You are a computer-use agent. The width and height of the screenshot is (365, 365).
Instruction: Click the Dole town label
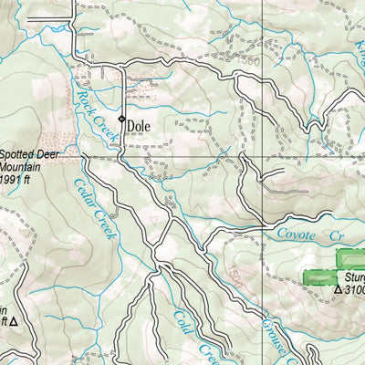(x=140, y=127)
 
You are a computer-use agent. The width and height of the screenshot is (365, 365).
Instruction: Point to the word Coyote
(x=295, y=235)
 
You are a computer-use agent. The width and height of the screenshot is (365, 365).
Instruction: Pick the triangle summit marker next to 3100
(x=338, y=290)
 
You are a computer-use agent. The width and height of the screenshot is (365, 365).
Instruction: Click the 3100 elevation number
(x=355, y=290)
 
